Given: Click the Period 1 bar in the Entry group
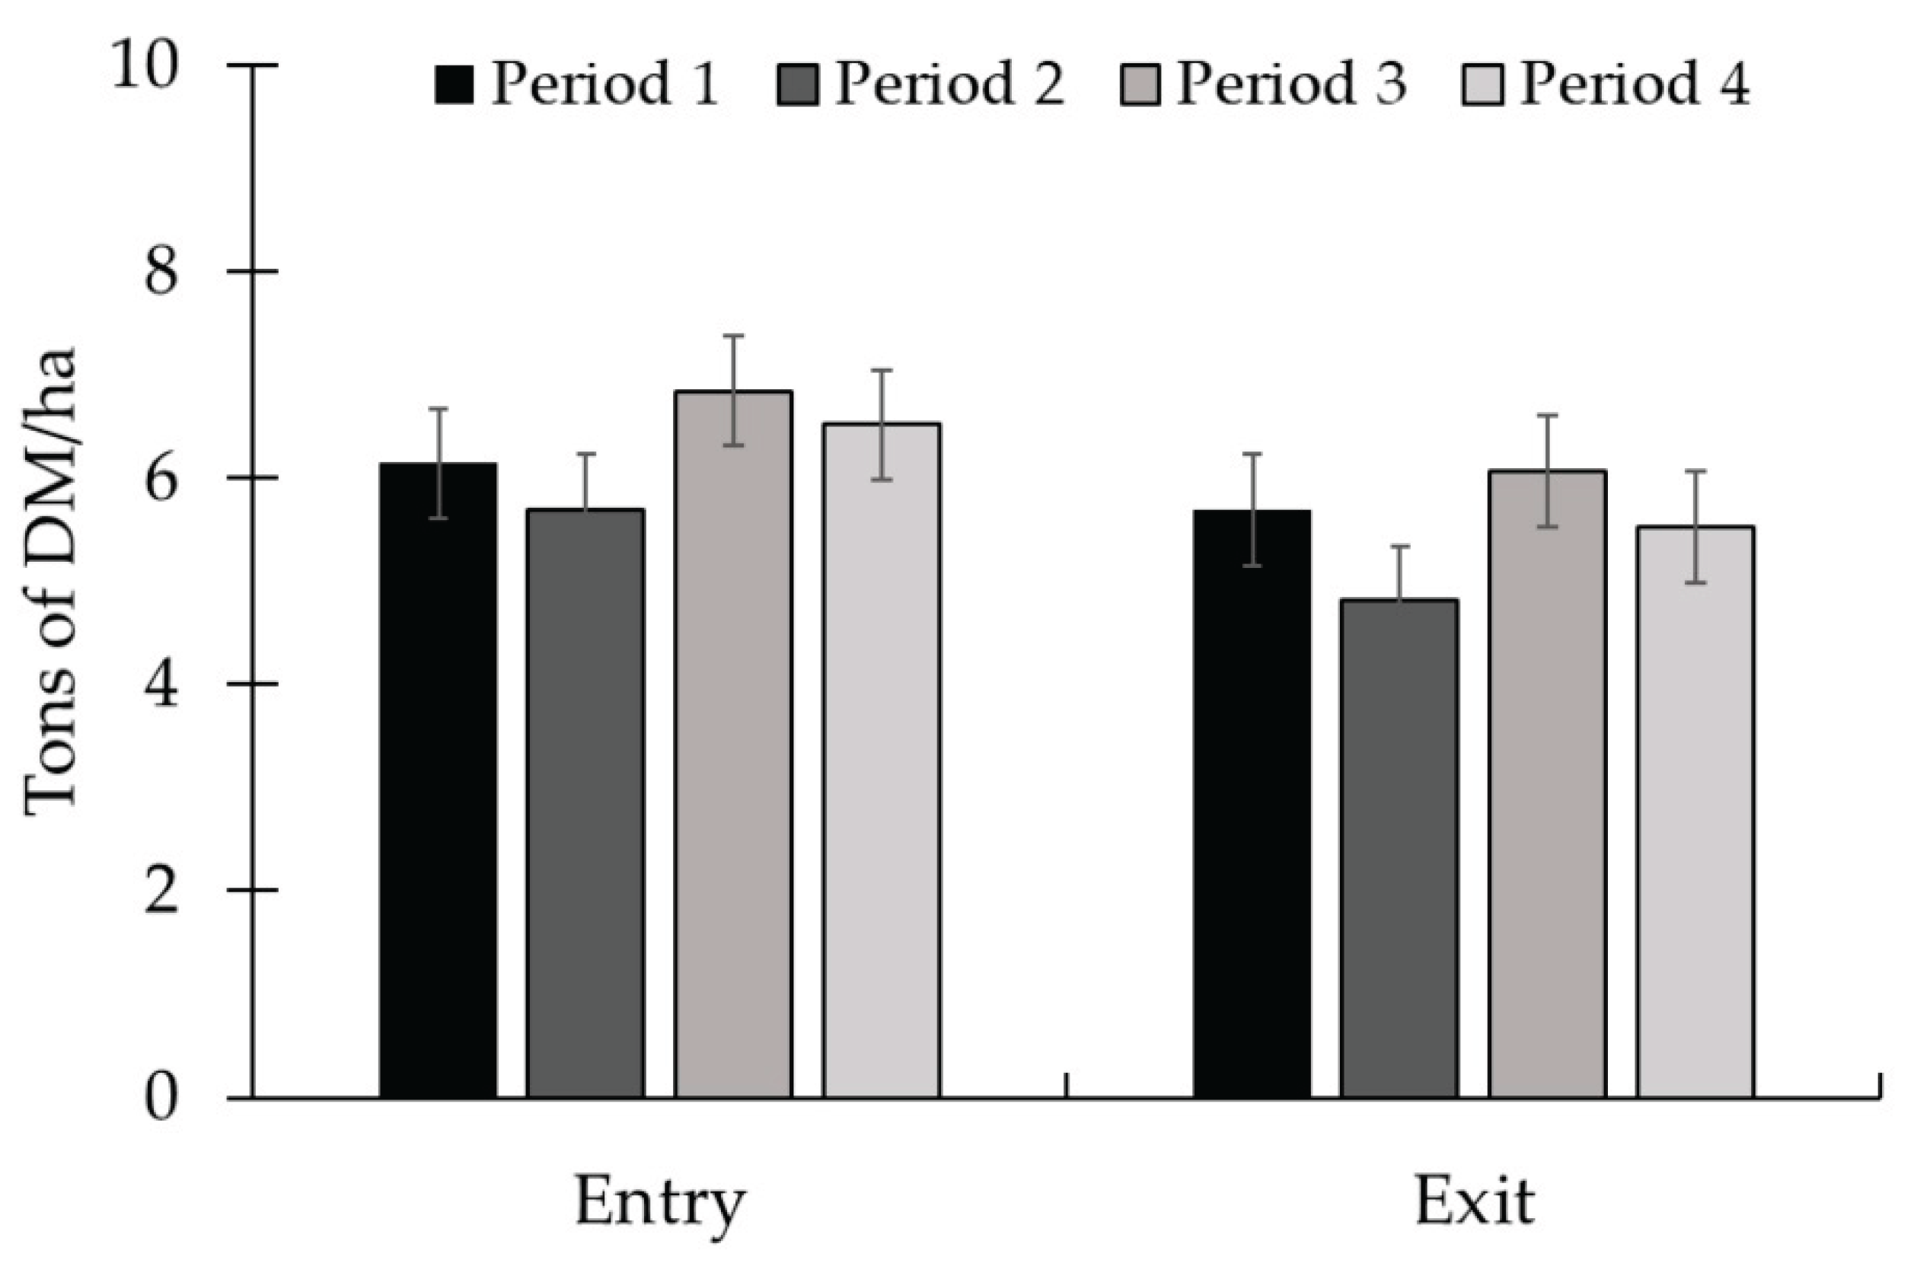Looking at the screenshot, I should (438, 781).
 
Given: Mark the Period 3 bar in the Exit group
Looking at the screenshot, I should (1547, 784).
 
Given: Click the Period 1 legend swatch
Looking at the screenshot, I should (453, 84).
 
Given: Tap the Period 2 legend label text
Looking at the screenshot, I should (949, 84).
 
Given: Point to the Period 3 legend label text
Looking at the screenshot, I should (1291, 84).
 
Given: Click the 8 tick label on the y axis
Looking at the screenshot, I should (161, 273).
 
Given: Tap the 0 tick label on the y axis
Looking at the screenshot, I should (161, 1099).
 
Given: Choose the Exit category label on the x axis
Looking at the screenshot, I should (1475, 1201).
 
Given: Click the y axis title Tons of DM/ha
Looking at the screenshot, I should (50, 582).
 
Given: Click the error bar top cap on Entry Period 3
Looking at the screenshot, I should (733, 336).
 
